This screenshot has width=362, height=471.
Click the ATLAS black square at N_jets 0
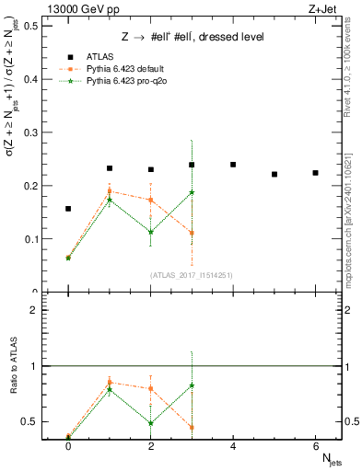[x=68, y=209]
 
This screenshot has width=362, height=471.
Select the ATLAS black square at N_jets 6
[x=315, y=173]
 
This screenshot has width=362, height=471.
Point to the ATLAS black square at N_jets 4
[x=233, y=165]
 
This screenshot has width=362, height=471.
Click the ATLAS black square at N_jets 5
[x=274, y=174]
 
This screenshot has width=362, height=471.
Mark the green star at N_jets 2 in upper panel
[x=150, y=232]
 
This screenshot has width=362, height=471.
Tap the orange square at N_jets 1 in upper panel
[x=110, y=191]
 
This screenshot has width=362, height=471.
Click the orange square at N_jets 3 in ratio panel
[x=192, y=427]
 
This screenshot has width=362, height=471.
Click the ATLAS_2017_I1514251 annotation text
[x=192, y=276]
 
